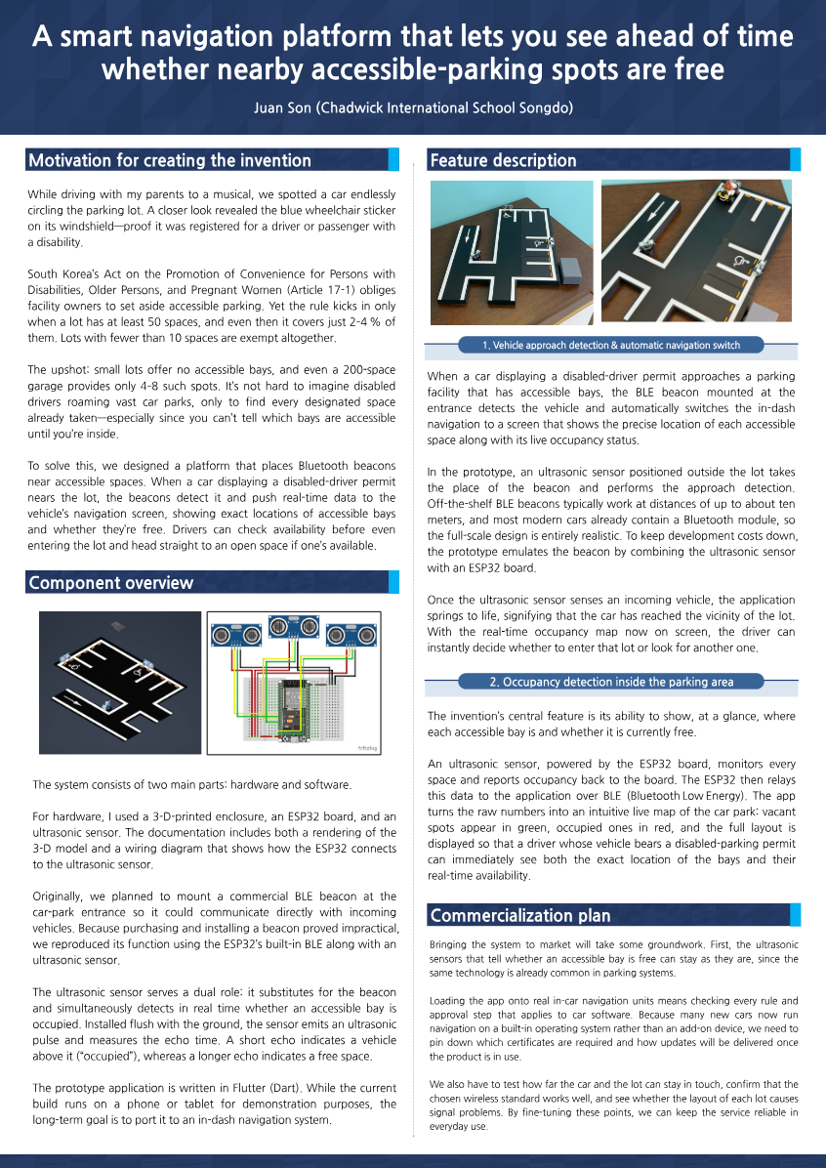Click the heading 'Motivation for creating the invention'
(170, 160)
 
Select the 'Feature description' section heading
(503, 160)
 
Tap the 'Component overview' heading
(111, 583)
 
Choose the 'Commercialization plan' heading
(520, 915)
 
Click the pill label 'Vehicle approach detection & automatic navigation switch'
(611, 345)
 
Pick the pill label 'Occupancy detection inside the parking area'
(611, 682)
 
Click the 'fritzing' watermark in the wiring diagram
(367, 748)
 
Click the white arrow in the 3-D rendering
(78, 699)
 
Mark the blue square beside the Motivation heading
(393, 160)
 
